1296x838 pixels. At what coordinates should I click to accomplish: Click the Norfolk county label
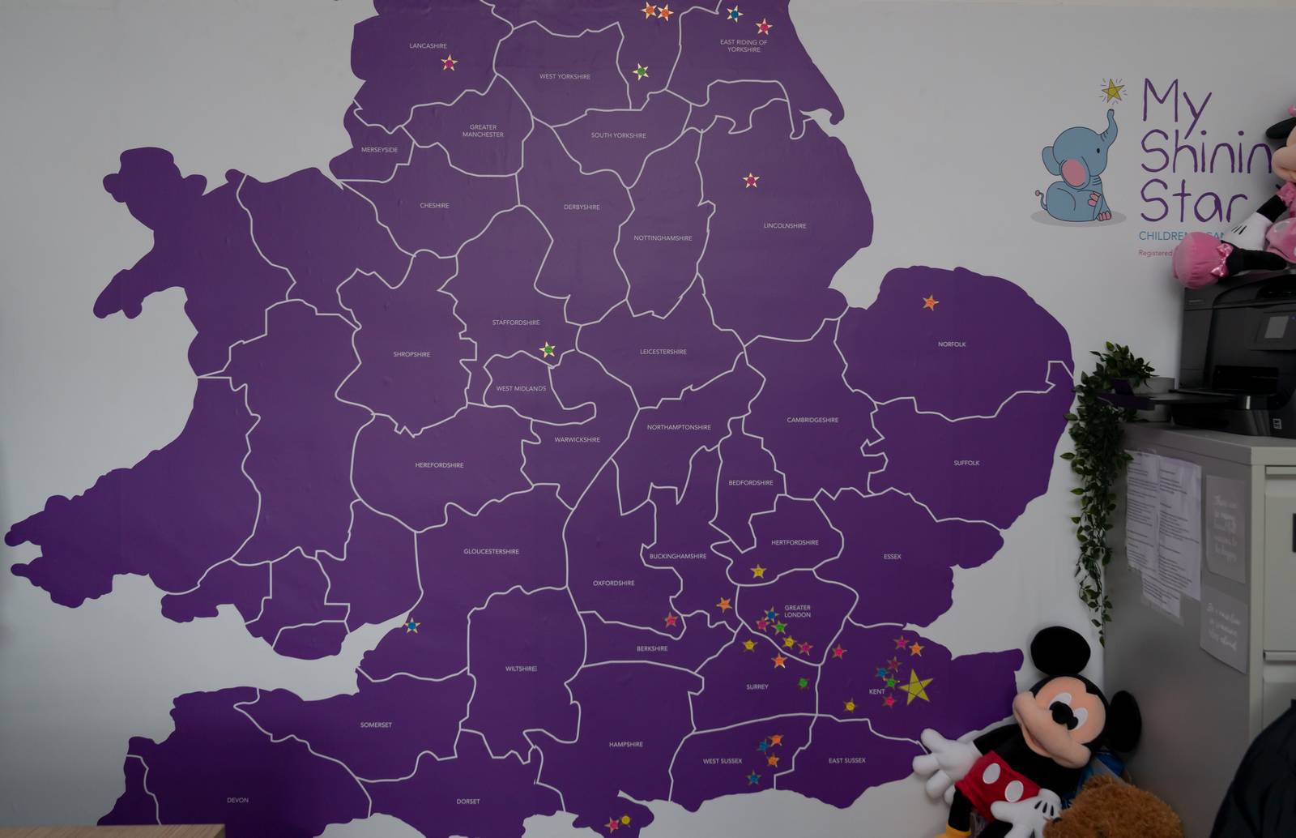tap(952, 344)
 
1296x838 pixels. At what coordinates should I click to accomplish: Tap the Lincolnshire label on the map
tap(785, 226)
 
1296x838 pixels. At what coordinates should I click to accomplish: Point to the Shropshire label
tap(411, 354)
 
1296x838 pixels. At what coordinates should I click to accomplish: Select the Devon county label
tap(237, 801)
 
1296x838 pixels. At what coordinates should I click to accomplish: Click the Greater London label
tap(797, 611)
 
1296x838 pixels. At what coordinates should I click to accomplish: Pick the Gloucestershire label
tap(491, 552)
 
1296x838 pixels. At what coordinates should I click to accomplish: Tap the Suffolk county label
tap(966, 464)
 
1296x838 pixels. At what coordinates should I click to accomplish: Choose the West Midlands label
tap(521, 389)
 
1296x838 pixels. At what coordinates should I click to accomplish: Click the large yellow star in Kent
tap(915, 687)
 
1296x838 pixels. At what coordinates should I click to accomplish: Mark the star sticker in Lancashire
tap(449, 62)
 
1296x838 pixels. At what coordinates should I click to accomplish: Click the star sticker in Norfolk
tap(930, 302)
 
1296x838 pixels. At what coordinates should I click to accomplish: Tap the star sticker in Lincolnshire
tap(751, 180)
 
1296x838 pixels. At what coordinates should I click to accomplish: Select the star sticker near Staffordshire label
tap(548, 349)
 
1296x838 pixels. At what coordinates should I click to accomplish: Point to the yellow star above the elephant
tap(1113, 91)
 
